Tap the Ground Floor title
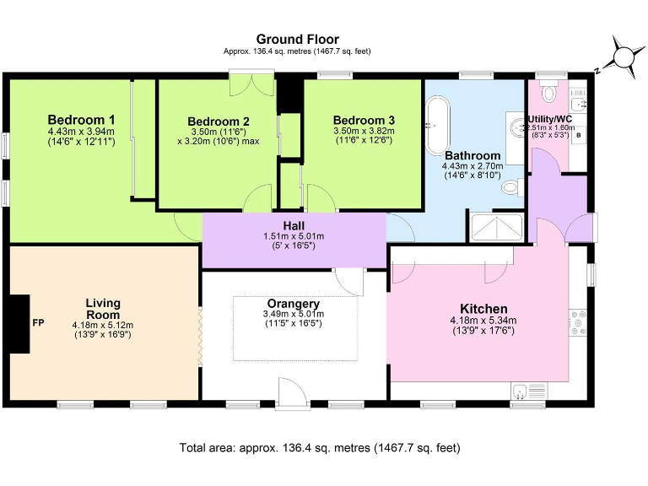pos(297,39)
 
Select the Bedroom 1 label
pos(81,120)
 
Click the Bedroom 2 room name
pos(218,121)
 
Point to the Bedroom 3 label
pos(363,120)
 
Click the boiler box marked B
pos(579,134)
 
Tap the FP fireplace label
pos(38,323)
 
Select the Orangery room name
pos(292,304)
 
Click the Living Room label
pos(103,308)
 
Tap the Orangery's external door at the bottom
pos(294,392)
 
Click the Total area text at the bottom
pos(320,448)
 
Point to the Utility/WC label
pos(550,119)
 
